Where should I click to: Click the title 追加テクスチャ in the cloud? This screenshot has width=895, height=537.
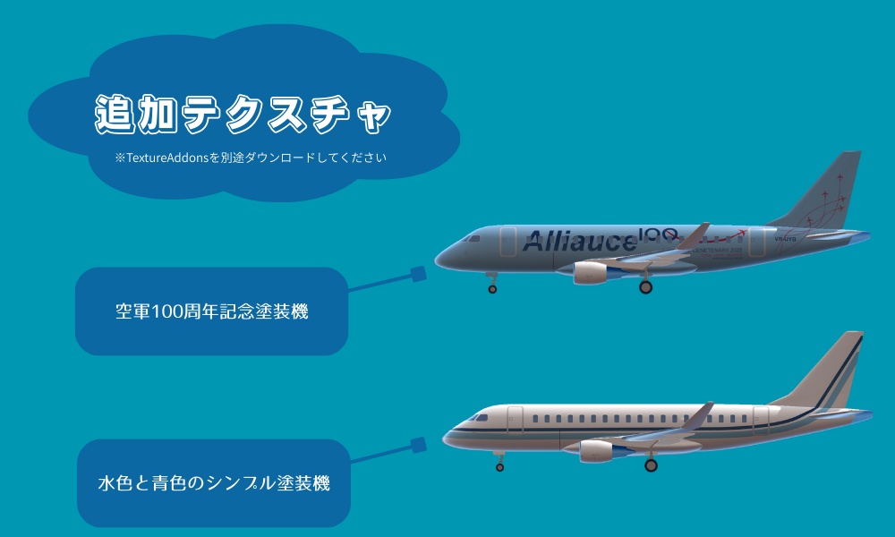(x=243, y=114)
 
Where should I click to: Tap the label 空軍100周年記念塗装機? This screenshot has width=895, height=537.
(x=211, y=313)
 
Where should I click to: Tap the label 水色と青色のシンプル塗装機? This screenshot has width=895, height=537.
(x=213, y=484)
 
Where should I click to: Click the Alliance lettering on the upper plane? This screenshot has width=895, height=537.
(x=578, y=241)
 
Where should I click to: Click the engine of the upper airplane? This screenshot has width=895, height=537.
(x=591, y=271)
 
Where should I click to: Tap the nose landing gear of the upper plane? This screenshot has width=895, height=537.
(x=491, y=287)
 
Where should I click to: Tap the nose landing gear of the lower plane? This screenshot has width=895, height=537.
(x=499, y=465)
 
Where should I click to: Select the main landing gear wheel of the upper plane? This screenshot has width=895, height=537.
(x=645, y=287)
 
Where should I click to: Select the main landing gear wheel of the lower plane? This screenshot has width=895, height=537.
(x=651, y=465)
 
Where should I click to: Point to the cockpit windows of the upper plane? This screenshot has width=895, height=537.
(x=472, y=239)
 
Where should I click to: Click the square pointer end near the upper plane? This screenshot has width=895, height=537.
(x=418, y=274)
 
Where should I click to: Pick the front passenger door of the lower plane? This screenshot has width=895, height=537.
(x=515, y=421)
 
